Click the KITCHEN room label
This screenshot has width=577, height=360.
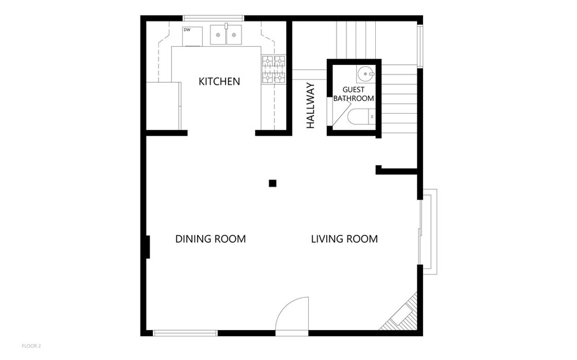pyautogui.click(x=219, y=81)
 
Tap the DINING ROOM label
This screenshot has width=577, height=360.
pyautogui.click(x=211, y=239)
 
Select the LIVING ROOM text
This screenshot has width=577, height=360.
pyautogui.click(x=344, y=239)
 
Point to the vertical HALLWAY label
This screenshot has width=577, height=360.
pyautogui.click(x=311, y=106)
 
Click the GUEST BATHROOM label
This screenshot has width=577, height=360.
pyautogui.click(x=354, y=94)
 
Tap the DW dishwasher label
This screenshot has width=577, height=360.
pyautogui.click(x=187, y=30)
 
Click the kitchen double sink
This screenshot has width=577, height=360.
pyautogui.click(x=226, y=35)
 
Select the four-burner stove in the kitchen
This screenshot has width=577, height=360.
pyautogui.click(x=274, y=69)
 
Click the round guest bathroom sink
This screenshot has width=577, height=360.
pyautogui.click(x=366, y=74)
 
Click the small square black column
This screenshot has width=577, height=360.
pyautogui.click(x=272, y=183)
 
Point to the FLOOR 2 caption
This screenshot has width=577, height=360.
pyautogui.click(x=32, y=346)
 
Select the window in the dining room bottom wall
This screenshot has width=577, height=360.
pyautogui.click(x=185, y=333)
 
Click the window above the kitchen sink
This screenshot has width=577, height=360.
pyautogui.click(x=214, y=18)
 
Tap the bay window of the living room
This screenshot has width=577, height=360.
pyautogui.click(x=428, y=232)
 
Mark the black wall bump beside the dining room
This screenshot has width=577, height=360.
pyautogui.click(x=148, y=247)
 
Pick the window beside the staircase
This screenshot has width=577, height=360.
pyautogui.click(x=420, y=46)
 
